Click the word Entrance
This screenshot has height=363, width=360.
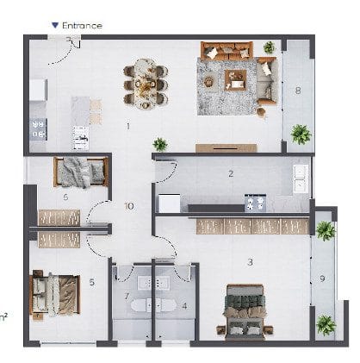[82, 26]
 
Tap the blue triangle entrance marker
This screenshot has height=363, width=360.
[55, 25]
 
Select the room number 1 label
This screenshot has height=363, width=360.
[128, 126]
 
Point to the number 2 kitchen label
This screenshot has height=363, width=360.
[231, 173]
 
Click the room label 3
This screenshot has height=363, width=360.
[251, 262]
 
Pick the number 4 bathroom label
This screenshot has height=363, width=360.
[184, 306]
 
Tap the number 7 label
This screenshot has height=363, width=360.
[127, 296]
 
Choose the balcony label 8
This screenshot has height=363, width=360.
[298, 91]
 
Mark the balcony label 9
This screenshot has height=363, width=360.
[322, 279]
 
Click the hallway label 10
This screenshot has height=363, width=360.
[129, 206]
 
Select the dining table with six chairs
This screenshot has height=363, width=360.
[146, 84]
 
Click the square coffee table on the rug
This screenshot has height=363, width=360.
[236, 80]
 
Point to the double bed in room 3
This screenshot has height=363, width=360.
[245, 312]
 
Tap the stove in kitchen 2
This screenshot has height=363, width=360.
[255, 203]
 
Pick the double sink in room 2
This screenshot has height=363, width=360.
[301, 178]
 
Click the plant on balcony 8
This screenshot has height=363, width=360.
[301, 135]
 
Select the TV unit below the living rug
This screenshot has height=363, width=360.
[227, 148]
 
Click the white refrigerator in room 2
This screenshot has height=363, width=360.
[170, 203]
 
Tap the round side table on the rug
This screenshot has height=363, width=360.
[208, 82]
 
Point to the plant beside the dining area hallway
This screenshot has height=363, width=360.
[160, 144]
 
